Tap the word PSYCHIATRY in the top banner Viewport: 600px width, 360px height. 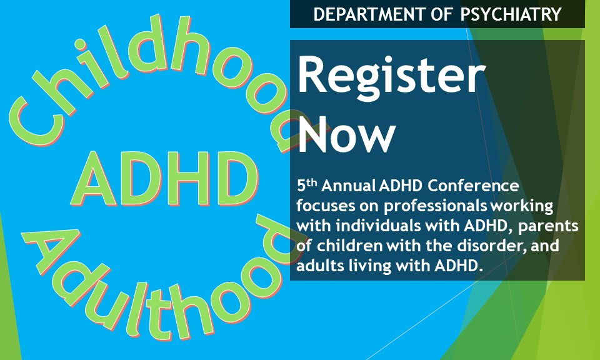[511, 14]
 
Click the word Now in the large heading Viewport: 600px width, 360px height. [346, 134]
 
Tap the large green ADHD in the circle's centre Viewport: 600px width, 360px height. [164, 178]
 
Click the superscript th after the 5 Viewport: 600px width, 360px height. [312, 182]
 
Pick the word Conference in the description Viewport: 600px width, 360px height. [473, 186]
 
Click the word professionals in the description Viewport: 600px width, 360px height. [436, 206]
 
